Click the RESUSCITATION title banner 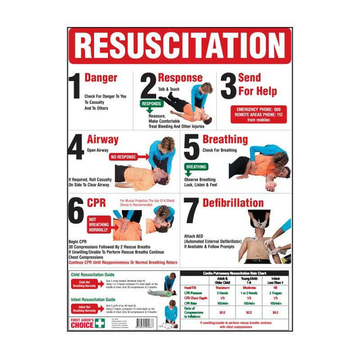click(180, 46)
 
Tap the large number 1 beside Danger click(76, 86)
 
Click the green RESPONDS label click(152, 105)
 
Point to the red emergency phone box click(257, 113)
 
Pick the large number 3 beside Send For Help click(229, 86)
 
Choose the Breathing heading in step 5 click(225, 140)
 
